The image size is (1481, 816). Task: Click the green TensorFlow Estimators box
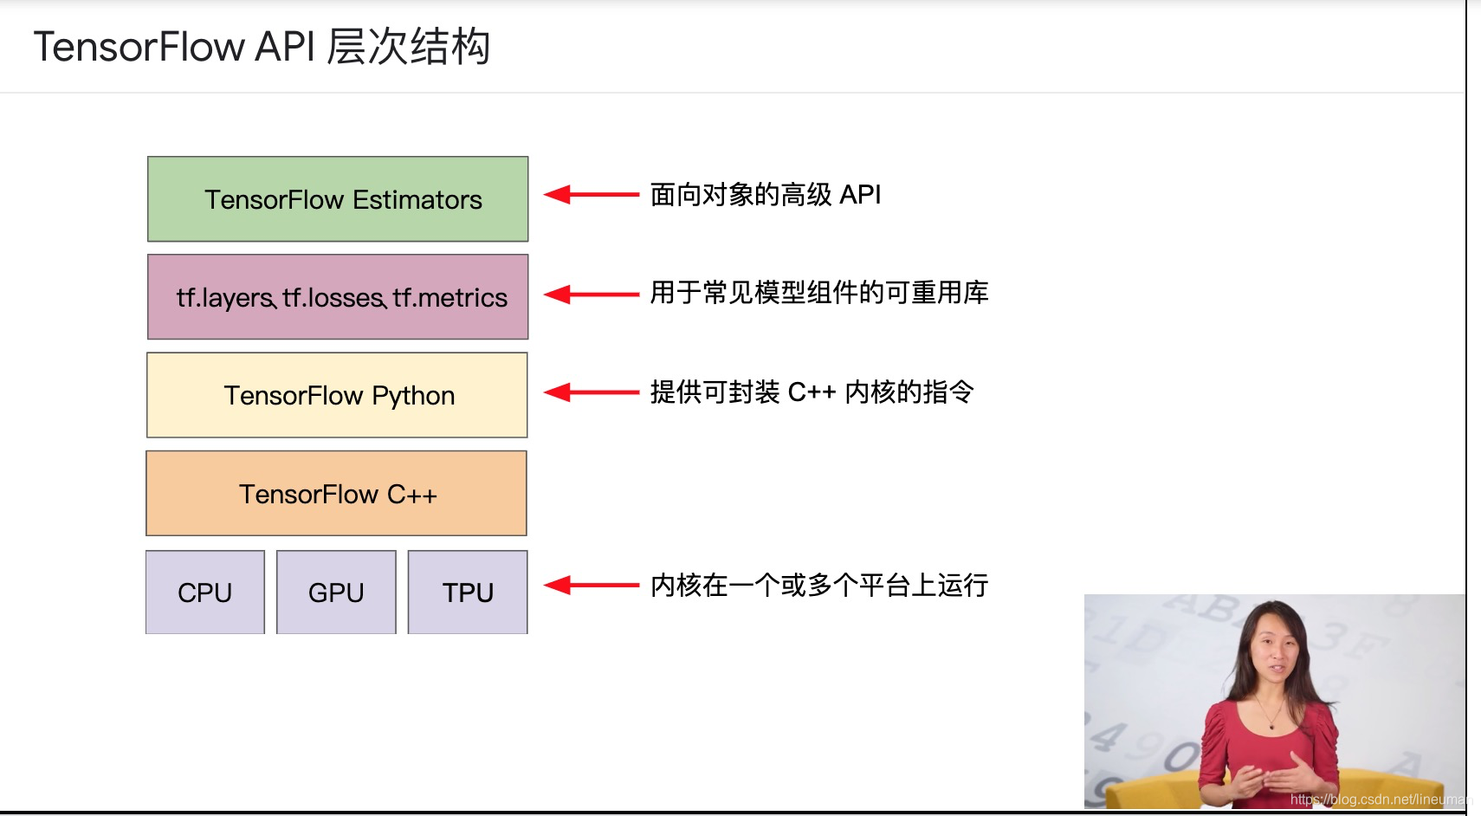click(x=338, y=199)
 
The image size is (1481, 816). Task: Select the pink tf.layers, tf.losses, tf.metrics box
click(x=338, y=297)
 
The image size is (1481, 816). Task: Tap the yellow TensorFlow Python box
click(x=338, y=395)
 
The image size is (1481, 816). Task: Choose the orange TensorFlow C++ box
click(x=337, y=494)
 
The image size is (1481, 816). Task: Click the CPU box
click(x=205, y=593)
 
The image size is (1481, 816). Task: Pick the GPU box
click(x=336, y=593)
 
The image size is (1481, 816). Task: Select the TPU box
click(x=468, y=593)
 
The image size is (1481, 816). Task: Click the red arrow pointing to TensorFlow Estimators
click(x=592, y=195)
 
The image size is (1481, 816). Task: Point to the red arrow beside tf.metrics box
click(x=592, y=295)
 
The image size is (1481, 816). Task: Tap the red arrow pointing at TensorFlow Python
click(x=592, y=392)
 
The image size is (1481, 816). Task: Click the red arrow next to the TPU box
click(x=592, y=586)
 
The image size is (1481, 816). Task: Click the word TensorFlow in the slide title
click(x=139, y=47)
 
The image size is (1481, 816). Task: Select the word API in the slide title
click(x=285, y=47)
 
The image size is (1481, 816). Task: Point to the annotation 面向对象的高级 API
click(x=766, y=195)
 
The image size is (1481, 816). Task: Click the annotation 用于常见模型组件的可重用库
click(x=819, y=293)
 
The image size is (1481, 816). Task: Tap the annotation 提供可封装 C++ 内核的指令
click(x=812, y=392)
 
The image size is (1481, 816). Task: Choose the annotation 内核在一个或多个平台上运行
click(x=819, y=586)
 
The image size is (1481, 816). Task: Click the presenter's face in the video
click(x=1270, y=651)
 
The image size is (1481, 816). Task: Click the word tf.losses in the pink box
click(x=333, y=298)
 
